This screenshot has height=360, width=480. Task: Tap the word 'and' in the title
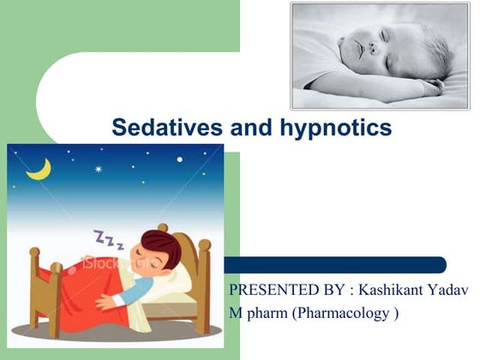(249, 129)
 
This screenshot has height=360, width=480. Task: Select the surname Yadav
(447, 290)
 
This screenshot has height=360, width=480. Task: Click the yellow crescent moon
(38, 169)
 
